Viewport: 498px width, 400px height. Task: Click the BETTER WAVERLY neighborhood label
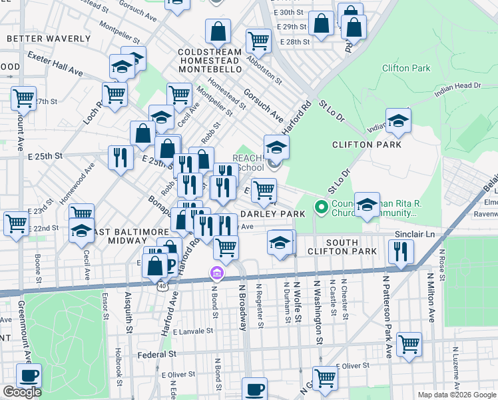(39, 39)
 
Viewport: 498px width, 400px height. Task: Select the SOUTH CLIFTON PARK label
(342, 247)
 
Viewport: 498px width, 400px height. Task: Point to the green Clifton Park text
(406, 68)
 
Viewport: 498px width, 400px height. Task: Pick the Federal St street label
(157, 355)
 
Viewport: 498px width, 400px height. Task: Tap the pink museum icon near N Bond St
(216, 273)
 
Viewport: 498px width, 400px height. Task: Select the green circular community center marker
(322, 207)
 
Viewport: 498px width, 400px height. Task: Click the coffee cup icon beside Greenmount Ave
(28, 375)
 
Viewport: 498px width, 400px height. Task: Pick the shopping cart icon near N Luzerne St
(409, 344)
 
